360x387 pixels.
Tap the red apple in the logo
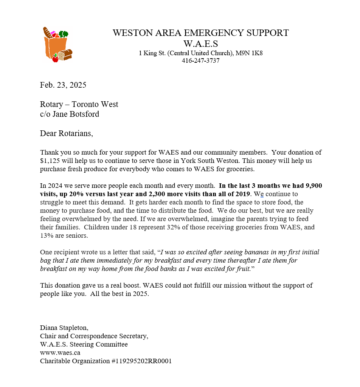click(55, 59)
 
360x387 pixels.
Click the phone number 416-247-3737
click(200, 60)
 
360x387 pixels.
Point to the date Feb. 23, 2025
click(63, 85)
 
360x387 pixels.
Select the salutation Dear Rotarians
click(66, 133)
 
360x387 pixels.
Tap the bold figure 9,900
click(312, 186)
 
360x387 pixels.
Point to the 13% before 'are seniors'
click(47, 235)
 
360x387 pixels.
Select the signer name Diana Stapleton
click(64, 328)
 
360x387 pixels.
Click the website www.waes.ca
click(60, 353)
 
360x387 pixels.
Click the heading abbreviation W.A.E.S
click(200, 43)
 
